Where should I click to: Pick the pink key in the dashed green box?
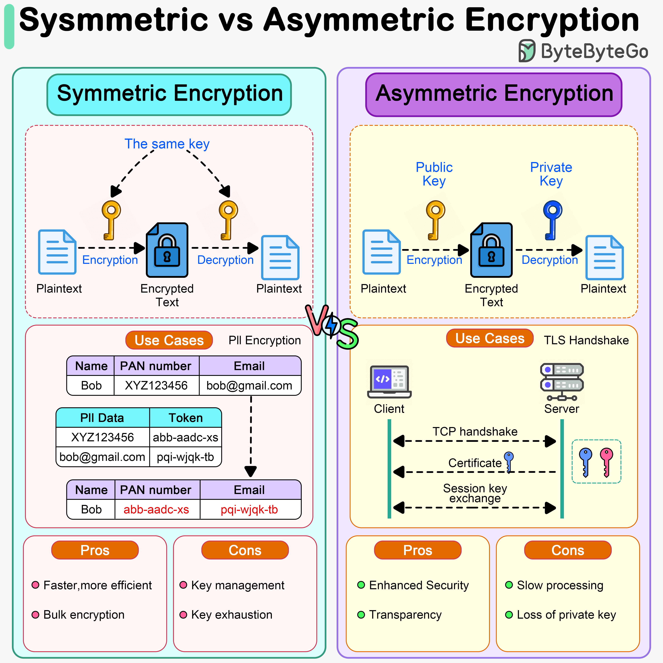[606, 462]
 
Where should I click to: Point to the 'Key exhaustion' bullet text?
[232, 615]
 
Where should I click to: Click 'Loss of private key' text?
[566, 615]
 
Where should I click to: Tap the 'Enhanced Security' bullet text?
[419, 585]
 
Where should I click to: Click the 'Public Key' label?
[434, 174]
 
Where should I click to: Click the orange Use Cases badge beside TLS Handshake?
[490, 338]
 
